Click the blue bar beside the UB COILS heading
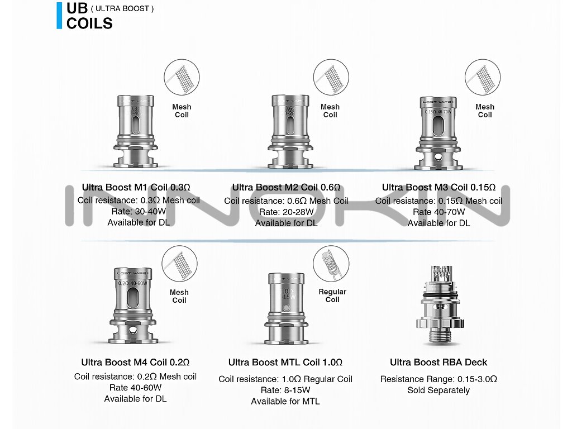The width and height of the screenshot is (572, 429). pos(59,16)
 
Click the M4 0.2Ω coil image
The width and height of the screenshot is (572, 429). pos(132,307)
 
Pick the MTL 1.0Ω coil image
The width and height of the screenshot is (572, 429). pos(286,308)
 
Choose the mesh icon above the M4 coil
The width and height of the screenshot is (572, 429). pos(179,263)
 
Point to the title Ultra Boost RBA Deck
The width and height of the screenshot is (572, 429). pos(438,363)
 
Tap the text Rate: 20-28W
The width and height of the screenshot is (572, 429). pos(286,212)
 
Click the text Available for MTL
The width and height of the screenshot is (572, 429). pos(285,401)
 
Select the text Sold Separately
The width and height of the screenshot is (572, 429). pos(438,390)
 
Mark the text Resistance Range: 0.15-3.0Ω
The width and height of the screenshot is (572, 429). pos(438,379)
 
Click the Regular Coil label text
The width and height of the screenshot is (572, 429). pos(332,295)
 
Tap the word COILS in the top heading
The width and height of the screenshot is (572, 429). pos(89,23)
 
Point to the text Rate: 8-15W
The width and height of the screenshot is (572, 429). pos(285,390)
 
